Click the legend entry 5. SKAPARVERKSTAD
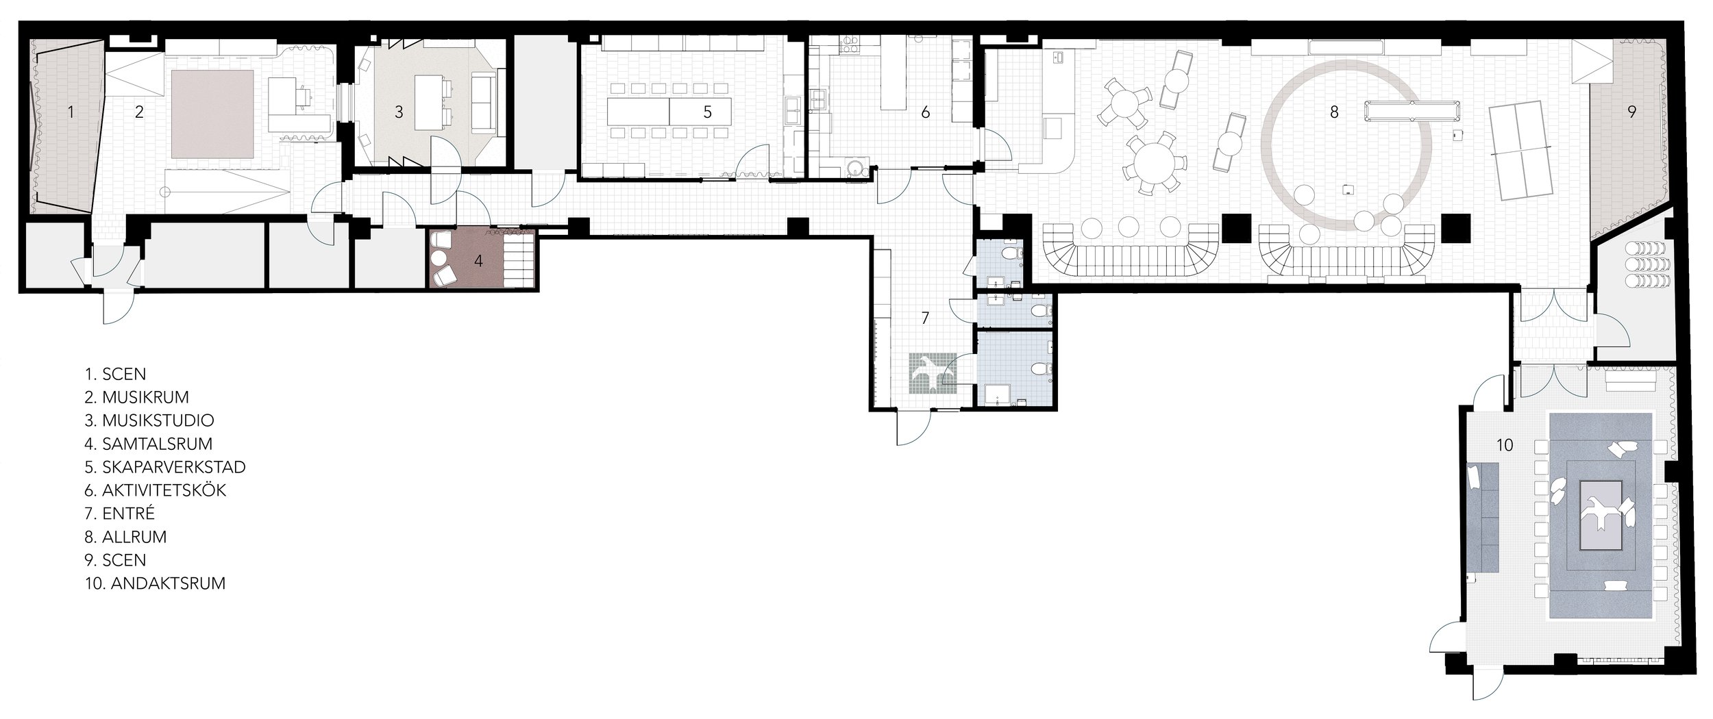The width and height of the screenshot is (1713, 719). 164,467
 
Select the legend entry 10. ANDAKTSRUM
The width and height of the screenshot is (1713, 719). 154,583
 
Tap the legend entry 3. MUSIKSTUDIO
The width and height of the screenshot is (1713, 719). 149,420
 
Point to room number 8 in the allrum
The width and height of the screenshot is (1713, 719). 1333,112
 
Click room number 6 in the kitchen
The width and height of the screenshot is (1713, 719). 925,112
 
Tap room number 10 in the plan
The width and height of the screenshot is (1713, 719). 1499,446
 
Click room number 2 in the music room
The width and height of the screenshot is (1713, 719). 139,112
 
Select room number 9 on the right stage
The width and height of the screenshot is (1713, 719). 1631,112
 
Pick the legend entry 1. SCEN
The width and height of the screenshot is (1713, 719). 114,374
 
